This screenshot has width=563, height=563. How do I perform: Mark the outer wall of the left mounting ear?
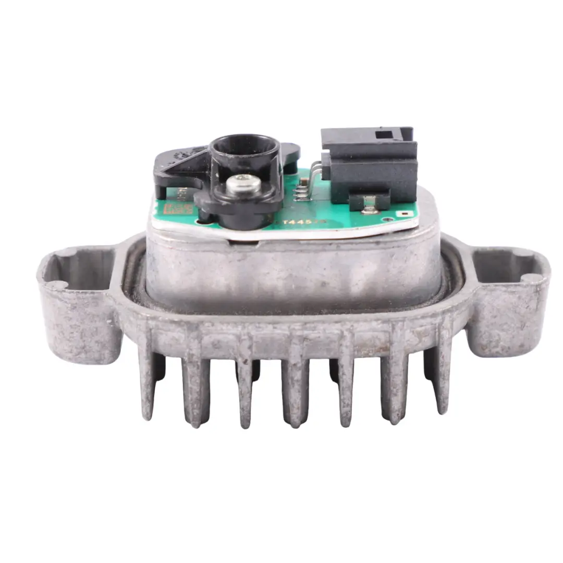coord(78,328)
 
